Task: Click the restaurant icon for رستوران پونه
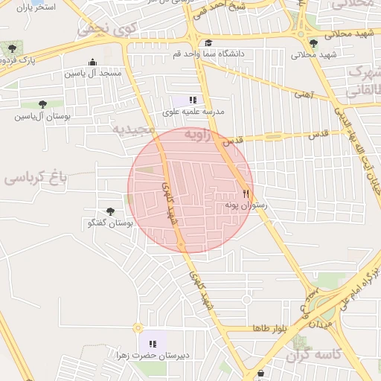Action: pos(246,192)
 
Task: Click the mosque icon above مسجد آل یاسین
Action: pos(92,63)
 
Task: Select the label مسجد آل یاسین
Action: pos(92,74)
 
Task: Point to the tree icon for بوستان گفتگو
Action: pos(111,212)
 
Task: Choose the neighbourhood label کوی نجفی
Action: pos(97,29)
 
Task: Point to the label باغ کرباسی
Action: pos(35,177)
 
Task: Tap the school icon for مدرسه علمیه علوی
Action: pos(193,100)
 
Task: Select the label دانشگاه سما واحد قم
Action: pos(199,54)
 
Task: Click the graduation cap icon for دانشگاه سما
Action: pos(208,43)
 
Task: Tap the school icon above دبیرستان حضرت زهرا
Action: pos(153,344)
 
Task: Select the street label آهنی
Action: pos(304,95)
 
